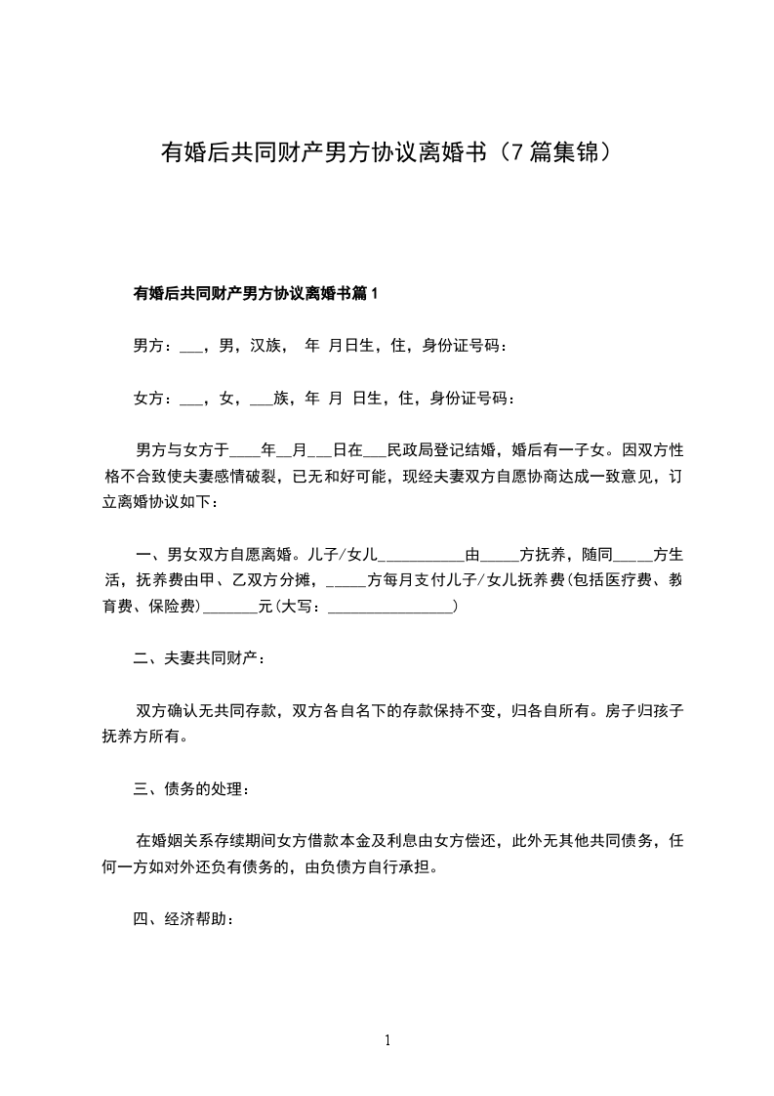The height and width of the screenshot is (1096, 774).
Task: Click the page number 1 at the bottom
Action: pos(387,1040)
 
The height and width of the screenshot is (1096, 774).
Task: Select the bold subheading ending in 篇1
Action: pos(255,292)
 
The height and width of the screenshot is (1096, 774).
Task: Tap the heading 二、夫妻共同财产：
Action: pos(198,659)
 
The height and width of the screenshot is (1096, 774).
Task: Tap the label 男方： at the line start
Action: pos(153,345)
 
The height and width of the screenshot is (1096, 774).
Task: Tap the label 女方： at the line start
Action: pos(153,398)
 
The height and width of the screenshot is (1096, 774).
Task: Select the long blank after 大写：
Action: pos(391,607)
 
